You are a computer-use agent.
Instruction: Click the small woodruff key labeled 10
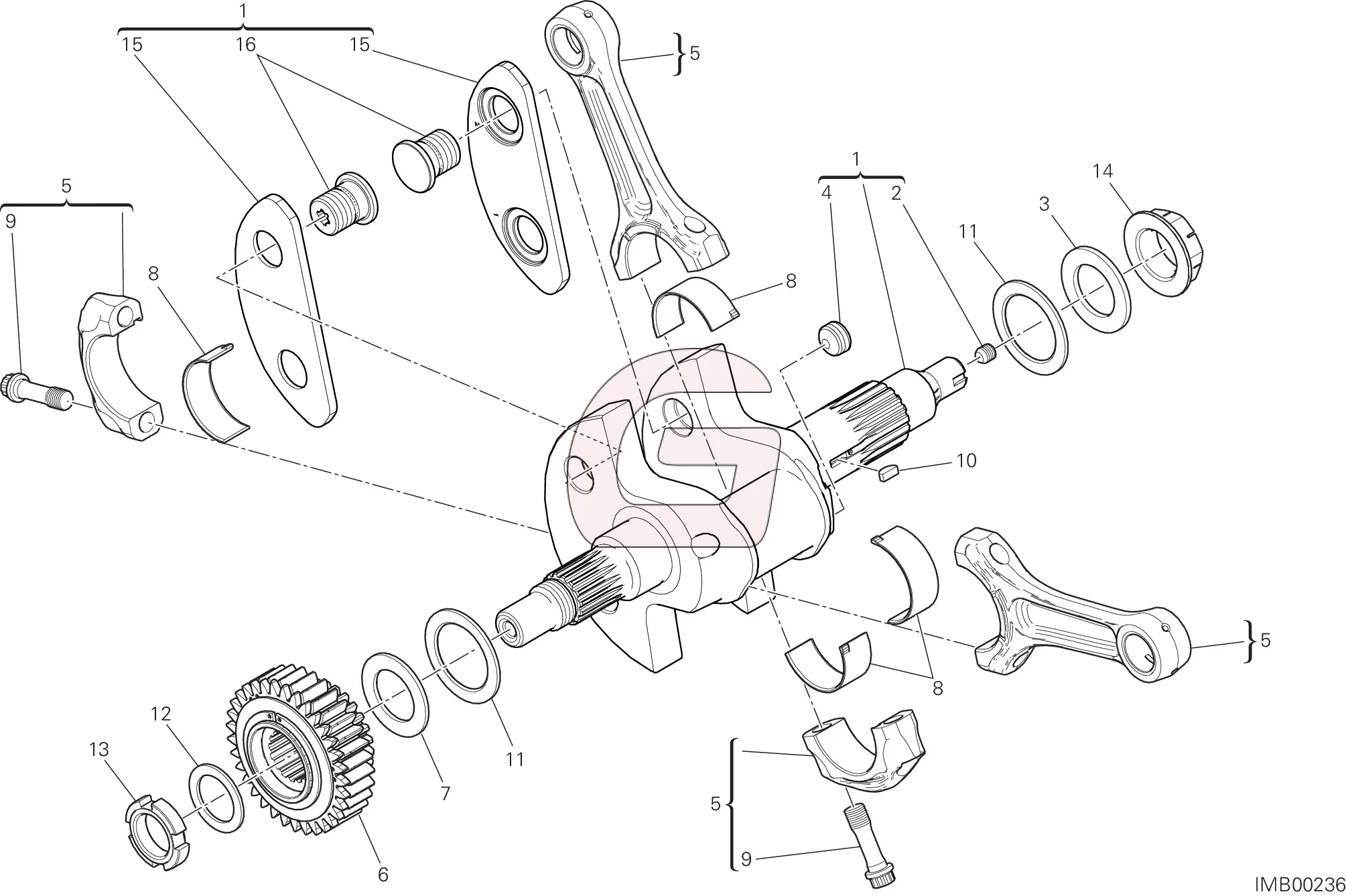point(888,472)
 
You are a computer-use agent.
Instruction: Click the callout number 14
point(1102,172)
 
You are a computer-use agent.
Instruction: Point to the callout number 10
point(966,460)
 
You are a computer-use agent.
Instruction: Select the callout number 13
point(99,749)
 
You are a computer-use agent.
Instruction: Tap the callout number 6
point(383,875)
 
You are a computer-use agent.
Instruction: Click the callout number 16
point(246,44)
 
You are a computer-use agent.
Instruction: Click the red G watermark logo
point(673,448)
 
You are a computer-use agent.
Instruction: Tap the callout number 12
point(161,714)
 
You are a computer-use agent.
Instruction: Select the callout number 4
point(826,193)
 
